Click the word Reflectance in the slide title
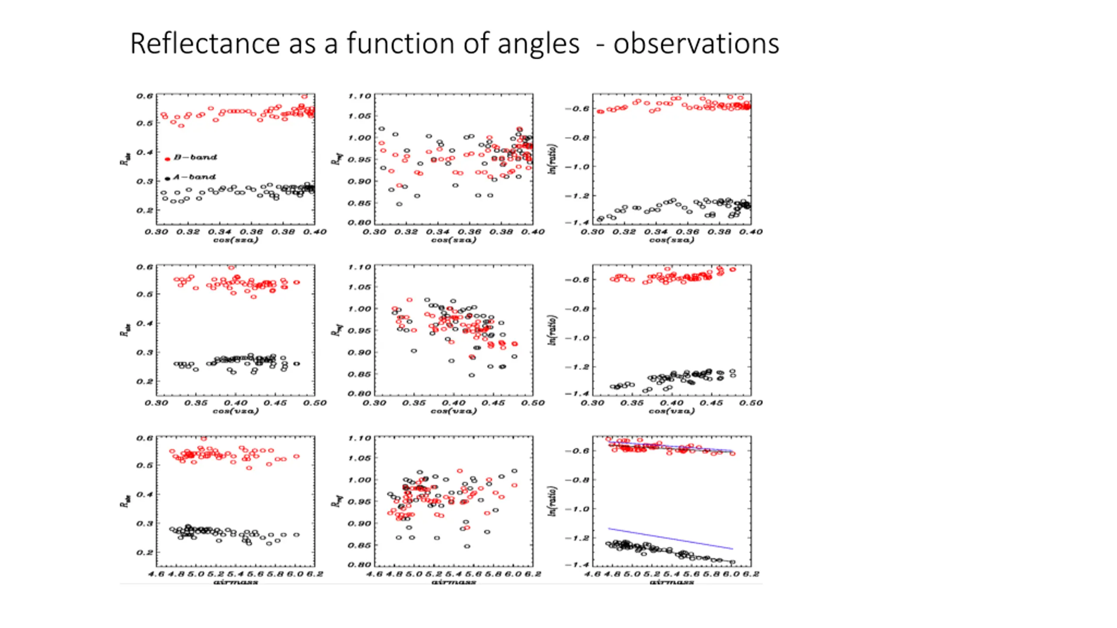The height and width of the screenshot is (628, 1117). [x=205, y=44]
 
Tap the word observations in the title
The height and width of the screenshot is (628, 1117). [x=696, y=44]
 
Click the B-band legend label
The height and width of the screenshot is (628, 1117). [x=195, y=157]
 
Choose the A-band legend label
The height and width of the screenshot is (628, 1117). [x=194, y=177]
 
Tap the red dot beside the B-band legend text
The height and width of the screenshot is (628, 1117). [x=167, y=159]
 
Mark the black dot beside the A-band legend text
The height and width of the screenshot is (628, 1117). [x=167, y=179]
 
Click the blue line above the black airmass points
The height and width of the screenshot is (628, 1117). [x=671, y=539]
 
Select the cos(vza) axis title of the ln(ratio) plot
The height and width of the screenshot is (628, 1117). [x=672, y=411]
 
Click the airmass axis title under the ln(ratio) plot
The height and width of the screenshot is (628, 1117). [x=672, y=582]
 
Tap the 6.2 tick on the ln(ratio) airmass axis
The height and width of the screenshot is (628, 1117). [x=751, y=574]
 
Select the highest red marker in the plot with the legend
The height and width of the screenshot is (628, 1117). [x=305, y=96]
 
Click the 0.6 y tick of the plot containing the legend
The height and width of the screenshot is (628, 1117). [x=145, y=96]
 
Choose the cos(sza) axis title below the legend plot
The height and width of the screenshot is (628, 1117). [x=236, y=240]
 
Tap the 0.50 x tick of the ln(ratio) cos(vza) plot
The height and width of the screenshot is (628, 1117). [x=751, y=403]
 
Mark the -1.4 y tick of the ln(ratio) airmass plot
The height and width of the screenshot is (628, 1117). [x=576, y=564]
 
